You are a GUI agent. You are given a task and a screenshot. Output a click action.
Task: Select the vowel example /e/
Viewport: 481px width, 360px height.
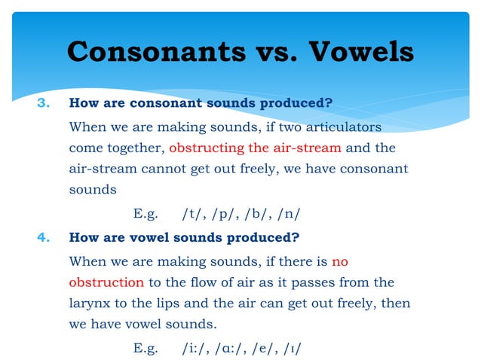[x=270, y=348]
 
